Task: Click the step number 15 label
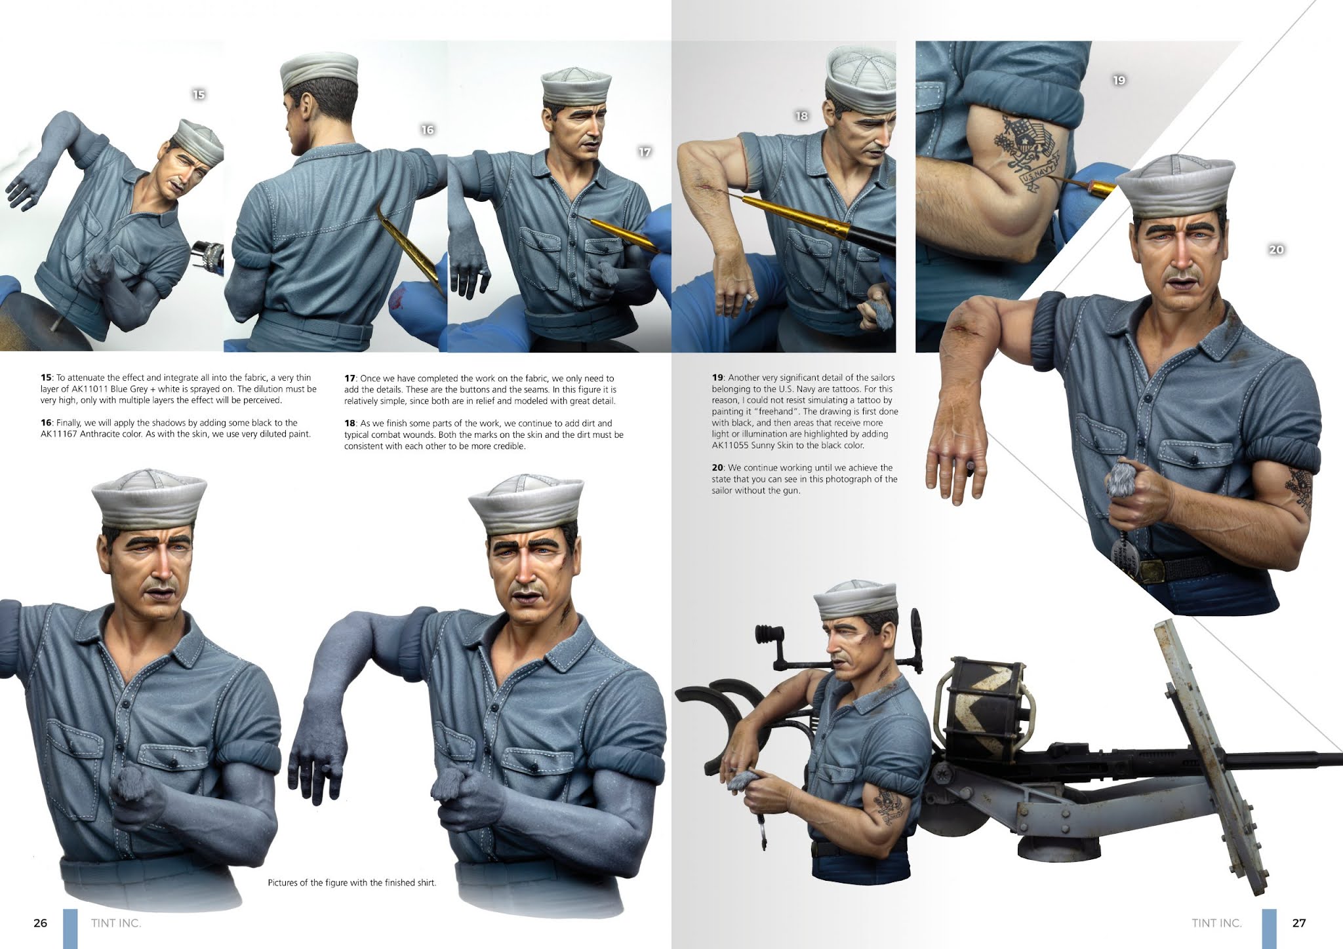[199, 95]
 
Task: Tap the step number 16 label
[428, 130]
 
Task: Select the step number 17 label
[645, 152]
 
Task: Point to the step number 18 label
[801, 116]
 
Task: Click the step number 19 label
[1119, 81]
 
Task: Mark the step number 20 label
[1276, 250]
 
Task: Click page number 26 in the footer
[41, 923]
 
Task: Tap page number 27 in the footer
[1299, 923]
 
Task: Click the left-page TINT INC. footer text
[117, 923]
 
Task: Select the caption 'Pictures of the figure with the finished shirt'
[352, 883]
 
